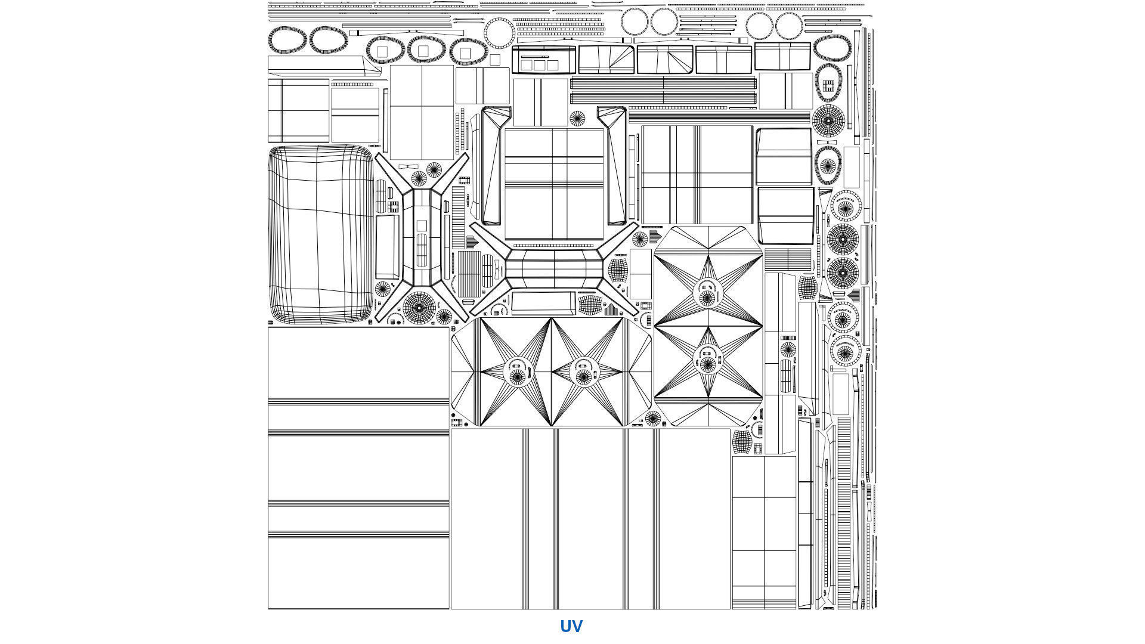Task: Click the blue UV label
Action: [x=571, y=626]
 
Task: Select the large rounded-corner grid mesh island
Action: [x=320, y=234]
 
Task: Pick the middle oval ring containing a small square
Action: [x=426, y=50]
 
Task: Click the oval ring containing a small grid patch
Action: [x=828, y=83]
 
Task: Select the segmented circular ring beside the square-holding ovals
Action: [x=499, y=32]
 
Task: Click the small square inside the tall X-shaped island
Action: [x=422, y=225]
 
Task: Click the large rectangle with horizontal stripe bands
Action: [x=358, y=468]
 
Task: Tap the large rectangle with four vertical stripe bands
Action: [x=590, y=519]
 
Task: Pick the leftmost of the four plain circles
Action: [x=634, y=22]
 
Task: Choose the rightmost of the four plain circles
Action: [x=788, y=26]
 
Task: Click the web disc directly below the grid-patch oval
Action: [x=828, y=119]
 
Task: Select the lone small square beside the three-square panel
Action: [x=495, y=60]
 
